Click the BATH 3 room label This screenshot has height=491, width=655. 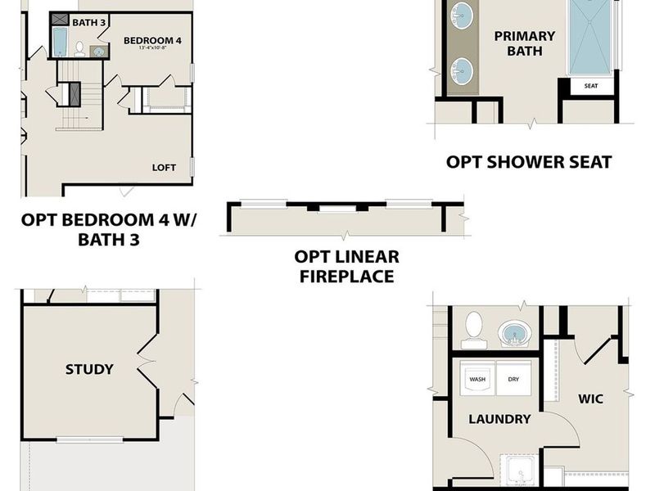pos(89,22)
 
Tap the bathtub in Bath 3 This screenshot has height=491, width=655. pos(60,42)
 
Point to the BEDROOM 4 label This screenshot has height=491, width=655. pos(153,40)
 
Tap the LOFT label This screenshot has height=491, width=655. pos(164,167)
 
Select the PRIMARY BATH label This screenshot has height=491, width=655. pos(525,43)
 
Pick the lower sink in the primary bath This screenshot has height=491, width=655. pos(464,70)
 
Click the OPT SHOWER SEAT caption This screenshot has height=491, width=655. pos(529,162)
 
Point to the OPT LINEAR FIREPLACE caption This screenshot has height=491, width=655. pos(346,267)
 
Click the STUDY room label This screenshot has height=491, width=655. pos(89,369)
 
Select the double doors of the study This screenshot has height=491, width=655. pos(148,358)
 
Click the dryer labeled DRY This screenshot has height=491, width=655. pos(513,380)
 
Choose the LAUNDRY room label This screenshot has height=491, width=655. pos(499,419)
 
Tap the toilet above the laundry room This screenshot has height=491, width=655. pos(472,329)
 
